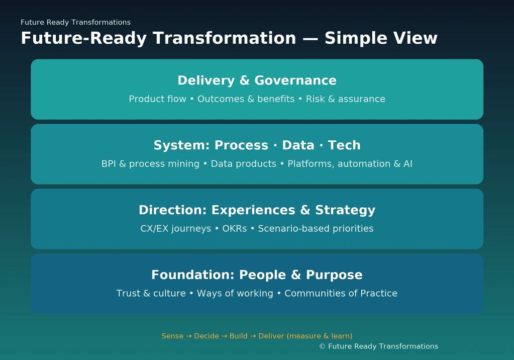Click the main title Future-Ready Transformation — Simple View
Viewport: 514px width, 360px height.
pyautogui.click(x=229, y=38)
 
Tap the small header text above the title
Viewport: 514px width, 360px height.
pyautogui.click(x=75, y=22)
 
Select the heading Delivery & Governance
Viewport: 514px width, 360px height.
pyautogui.click(x=257, y=80)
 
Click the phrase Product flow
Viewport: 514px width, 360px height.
pyautogui.click(x=157, y=99)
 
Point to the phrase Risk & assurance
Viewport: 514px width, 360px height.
pyautogui.click(x=346, y=99)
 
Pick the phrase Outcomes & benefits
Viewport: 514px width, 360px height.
pyautogui.click(x=246, y=99)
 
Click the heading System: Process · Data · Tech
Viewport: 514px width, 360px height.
pyautogui.click(x=257, y=145)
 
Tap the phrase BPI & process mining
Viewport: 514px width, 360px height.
pyautogui.click(x=150, y=164)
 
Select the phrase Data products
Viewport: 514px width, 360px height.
pyautogui.click(x=243, y=164)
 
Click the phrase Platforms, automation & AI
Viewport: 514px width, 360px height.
pyautogui.click(x=350, y=164)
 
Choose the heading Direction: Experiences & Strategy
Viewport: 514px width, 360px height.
pyautogui.click(x=257, y=210)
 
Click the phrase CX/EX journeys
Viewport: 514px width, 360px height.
pyautogui.click(x=175, y=229)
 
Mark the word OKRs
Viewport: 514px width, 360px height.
pyautogui.click(x=234, y=229)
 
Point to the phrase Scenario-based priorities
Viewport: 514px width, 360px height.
pyautogui.click(x=316, y=229)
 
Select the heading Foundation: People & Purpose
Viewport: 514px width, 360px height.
pyautogui.click(x=257, y=275)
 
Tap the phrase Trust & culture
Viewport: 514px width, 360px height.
pyautogui.click(x=151, y=294)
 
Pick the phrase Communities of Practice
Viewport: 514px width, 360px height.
pyautogui.click(x=341, y=294)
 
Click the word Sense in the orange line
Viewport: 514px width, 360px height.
pyautogui.click(x=172, y=336)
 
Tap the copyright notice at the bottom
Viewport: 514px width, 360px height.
pyautogui.click(x=378, y=346)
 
